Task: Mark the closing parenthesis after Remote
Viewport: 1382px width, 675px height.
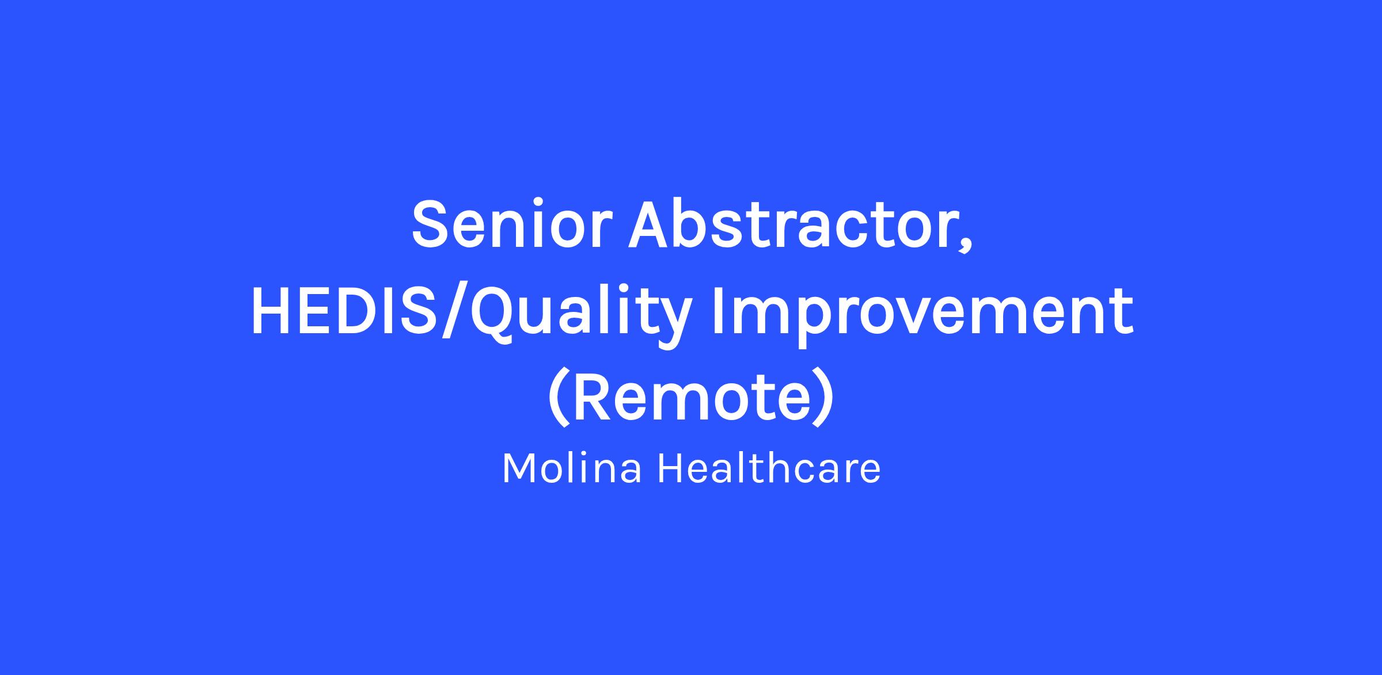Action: click(822, 398)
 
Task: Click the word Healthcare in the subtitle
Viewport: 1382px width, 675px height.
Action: click(769, 467)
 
